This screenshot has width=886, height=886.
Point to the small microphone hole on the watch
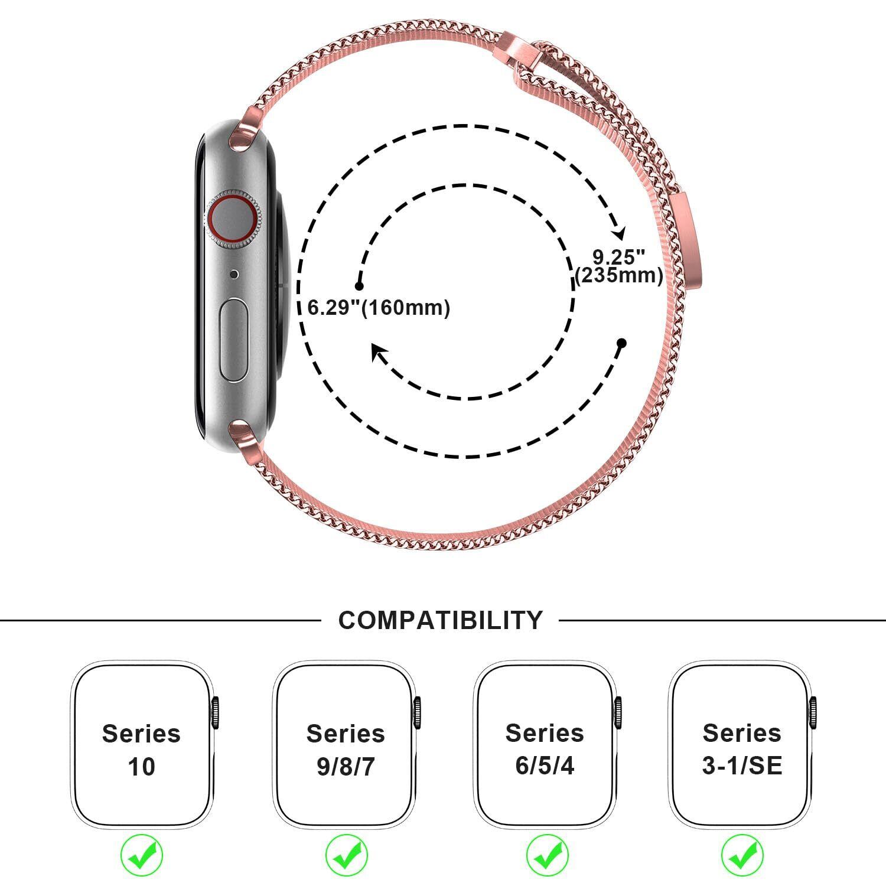(234, 274)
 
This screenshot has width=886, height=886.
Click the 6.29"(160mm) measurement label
(379, 308)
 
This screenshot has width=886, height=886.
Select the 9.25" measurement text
(618, 258)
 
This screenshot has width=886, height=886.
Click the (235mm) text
(618, 276)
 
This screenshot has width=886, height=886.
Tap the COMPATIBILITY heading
(440, 620)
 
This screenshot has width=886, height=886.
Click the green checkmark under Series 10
(142, 855)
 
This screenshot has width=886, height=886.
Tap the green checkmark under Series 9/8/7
(346, 855)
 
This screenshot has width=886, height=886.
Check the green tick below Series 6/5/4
(547, 855)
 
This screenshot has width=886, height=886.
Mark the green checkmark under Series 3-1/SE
(742, 855)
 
